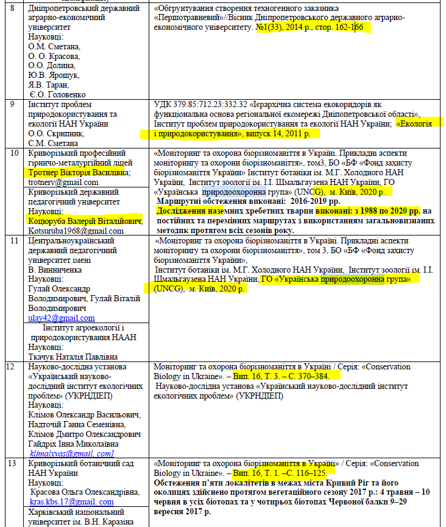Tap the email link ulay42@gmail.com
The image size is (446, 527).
(x=62, y=318)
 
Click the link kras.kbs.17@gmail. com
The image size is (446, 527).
(x=71, y=502)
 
